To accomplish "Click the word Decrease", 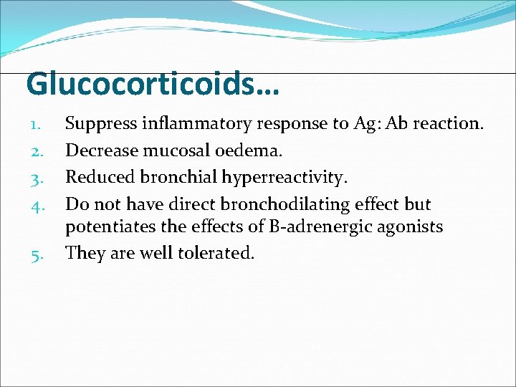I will point(102,150).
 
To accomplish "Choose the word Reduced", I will point(99,178).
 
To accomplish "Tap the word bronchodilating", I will point(287,204).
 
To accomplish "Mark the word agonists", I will point(411,229).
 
